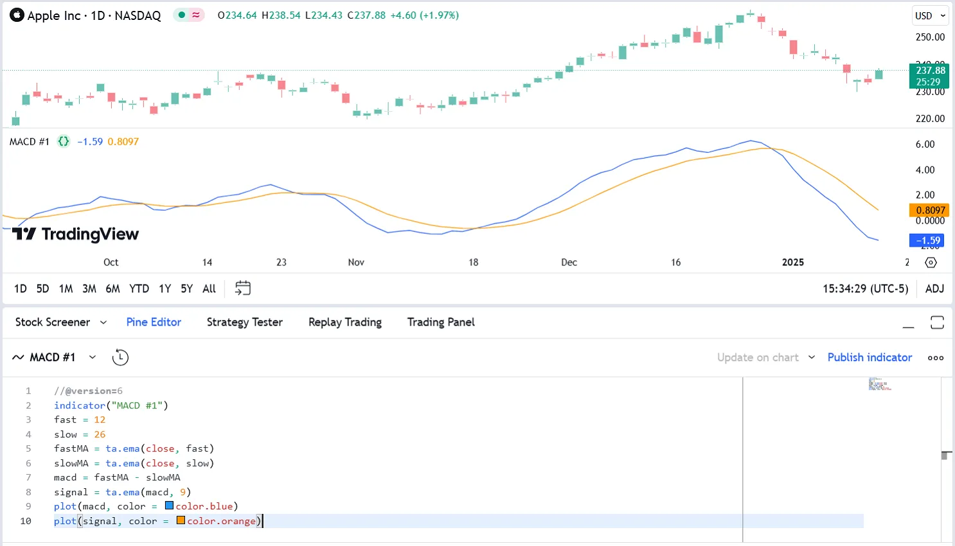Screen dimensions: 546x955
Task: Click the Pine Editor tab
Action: [154, 322]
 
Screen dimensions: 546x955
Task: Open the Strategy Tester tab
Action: [244, 322]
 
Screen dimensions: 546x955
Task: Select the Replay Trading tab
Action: [344, 322]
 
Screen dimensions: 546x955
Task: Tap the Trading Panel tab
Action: [441, 322]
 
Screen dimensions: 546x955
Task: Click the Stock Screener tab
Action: [53, 322]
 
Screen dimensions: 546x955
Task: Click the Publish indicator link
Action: [870, 358]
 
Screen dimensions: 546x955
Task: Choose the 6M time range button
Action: [112, 289]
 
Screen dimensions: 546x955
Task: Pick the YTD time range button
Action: [139, 289]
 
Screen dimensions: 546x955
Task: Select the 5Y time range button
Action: [186, 289]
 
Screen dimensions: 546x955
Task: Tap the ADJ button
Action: [934, 289]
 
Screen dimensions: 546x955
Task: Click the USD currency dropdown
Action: [930, 16]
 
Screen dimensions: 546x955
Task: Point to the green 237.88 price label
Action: [930, 76]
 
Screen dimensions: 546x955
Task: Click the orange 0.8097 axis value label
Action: [929, 210]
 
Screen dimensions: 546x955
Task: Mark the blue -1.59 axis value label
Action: [927, 241]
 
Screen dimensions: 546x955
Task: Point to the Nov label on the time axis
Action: [356, 262]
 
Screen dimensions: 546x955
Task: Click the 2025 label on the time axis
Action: [792, 262]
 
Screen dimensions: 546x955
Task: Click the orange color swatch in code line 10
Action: [181, 520]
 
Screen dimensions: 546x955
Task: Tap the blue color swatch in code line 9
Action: [170, 506]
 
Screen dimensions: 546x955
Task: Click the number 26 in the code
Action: [100, 434]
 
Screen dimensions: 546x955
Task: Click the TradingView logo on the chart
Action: [75, 234]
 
